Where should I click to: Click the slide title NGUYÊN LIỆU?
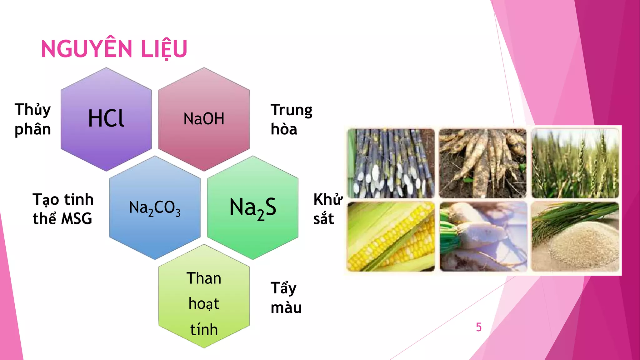coord(114,49)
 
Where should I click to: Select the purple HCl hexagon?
coord(106,119)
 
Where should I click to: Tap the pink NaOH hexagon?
coord(204,119)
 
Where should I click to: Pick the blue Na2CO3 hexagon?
coord(155,207)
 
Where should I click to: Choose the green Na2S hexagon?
coord(252,207)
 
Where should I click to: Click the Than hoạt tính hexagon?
coord(204,296)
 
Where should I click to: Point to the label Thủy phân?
coord(33,119)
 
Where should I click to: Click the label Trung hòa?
coord(291,119)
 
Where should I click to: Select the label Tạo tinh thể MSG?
coord(63,209)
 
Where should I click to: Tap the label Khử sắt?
coord(327,209)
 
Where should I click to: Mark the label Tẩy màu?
coord(286,297)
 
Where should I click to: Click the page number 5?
coord(478,327)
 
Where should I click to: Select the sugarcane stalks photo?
coord(391,163)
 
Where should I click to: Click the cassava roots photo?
coord(483,163)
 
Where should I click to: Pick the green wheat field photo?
coord(575,163)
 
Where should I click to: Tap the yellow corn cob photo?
coord(391,237)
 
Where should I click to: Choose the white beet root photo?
coord(483,237)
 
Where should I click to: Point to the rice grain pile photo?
coord(575,237)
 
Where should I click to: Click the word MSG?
coord(77,219)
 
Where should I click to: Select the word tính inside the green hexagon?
coord(204,330)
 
